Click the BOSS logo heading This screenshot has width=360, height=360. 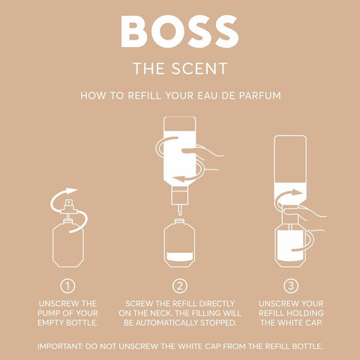(179, 31)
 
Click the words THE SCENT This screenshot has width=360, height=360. (179, 69)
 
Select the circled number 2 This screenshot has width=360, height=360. (180, 285)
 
